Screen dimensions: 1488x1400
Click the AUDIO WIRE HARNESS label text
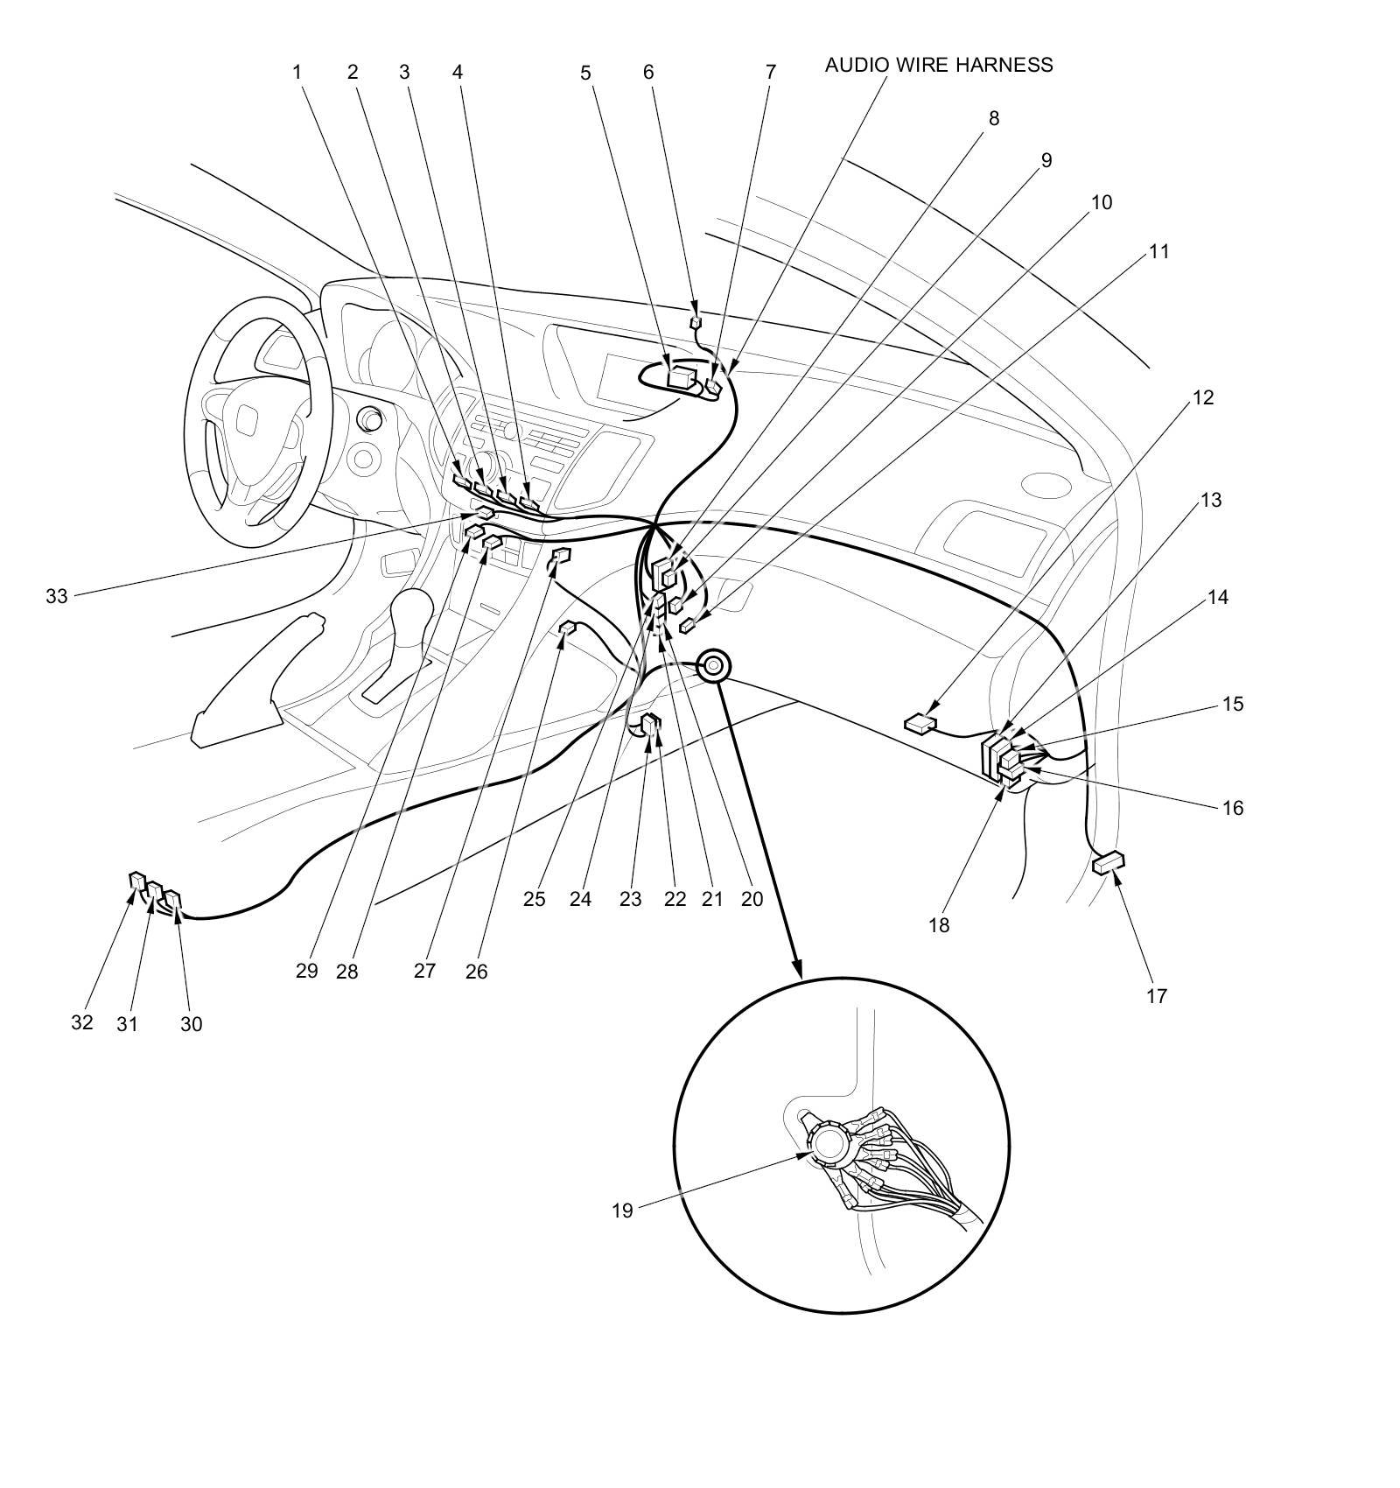(x=938, y=65)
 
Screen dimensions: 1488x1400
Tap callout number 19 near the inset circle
(x=622, y=1211)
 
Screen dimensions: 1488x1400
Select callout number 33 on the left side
(x=56, y=597)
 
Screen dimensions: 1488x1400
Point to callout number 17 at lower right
(x=1157, y=995)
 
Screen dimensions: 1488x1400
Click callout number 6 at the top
(x=648, y=72)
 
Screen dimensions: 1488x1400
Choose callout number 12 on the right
(x=1203, y=397)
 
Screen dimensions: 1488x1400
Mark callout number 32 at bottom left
(x=81, y=1022)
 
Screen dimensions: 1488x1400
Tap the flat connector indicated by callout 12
(x=920, y=723)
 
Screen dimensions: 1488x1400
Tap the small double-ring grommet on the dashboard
(x=713, y=666)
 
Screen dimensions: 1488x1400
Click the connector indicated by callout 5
(x=681, y=377)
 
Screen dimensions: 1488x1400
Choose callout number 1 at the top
(x=297, y=72)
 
